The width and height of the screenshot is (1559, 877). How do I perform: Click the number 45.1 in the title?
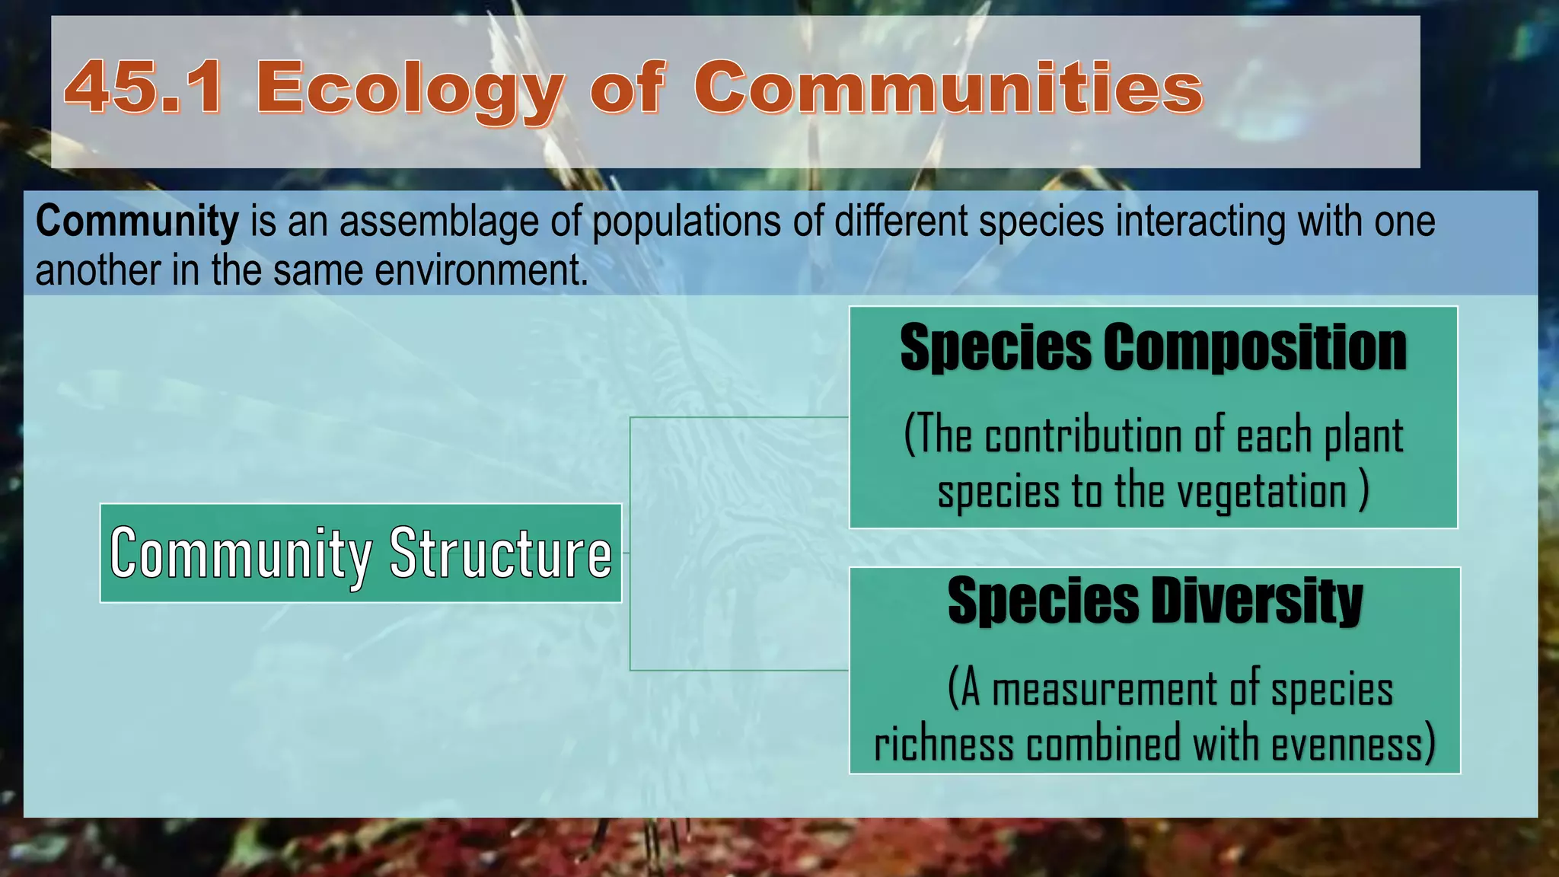tap(145, 88)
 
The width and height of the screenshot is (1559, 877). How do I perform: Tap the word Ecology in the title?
tap(410, 90)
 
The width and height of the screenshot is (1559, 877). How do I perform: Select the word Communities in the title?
tap(948, 88)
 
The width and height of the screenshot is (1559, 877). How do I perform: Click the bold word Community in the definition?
tap(137, 222)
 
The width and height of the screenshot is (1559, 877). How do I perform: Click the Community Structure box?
tap(361, 553)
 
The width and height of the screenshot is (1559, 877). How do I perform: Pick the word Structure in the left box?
tap(500, 553)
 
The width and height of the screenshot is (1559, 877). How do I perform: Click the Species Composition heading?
tap(1153, 347)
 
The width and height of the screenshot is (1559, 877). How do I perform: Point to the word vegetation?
tap(1262, 492)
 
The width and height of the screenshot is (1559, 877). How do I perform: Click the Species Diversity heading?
tap(1154, 601)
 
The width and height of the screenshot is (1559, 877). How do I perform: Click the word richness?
tap(943, 745)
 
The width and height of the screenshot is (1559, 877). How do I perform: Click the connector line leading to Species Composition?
tap(738, 417)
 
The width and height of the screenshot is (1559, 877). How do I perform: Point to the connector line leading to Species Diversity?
tap(738, 671)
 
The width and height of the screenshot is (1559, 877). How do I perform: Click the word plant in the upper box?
tap(1363, 437)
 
